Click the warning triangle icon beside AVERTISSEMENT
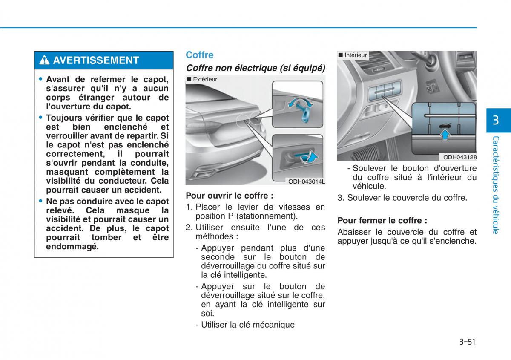point(44,60)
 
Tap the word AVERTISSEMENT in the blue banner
point(96,60)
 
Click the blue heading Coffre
point(200,55)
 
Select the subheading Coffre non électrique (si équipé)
point(255,68)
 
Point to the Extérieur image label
point(202,79)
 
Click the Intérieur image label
point(353,55)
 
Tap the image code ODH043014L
point(306,181)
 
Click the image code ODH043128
point(459,157)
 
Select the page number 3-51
point(467,342)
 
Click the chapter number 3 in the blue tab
point(496,120)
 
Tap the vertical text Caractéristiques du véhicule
point(496,185)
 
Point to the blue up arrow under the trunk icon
point(445,135)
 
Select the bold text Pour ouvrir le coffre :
point(230,196)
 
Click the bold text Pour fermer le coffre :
point(382,221)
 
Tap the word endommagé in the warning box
point(72,247)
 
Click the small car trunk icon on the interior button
point(445,126)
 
